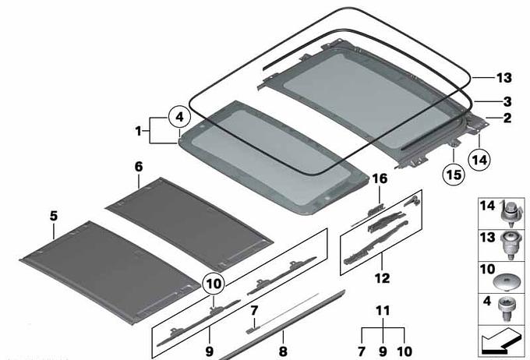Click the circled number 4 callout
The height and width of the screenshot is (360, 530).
(x=179, y=117)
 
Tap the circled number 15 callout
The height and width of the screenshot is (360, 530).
(x=454, y=175)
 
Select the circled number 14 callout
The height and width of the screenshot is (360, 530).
(x=479, y=159)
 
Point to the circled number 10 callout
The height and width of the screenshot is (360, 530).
(x=214, y=284)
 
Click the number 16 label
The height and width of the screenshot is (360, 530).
(x=380, y=178)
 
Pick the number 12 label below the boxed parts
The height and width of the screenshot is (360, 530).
(x=382, y=278)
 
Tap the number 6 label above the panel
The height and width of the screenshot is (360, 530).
(x=139, y=167)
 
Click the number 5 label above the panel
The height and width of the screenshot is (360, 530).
(x=54, y=216)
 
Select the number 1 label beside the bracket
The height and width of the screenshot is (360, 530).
(x=138, y=131)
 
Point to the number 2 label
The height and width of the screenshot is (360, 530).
(x=507, y=118)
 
